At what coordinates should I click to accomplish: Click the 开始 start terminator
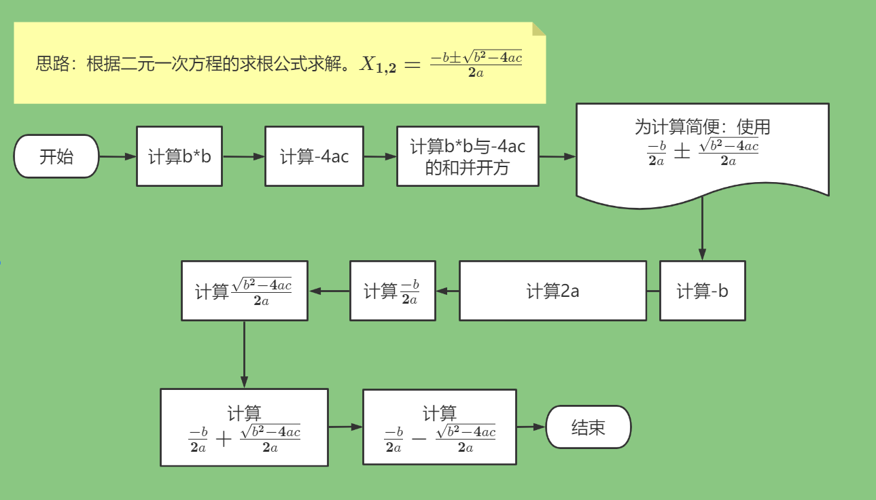(56, 156)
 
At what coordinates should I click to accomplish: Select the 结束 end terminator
(589, 427)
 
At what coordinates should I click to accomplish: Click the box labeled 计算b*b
(179, 156)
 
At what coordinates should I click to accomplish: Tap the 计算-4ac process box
(314, 156)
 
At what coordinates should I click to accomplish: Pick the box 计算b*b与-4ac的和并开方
(468, 156)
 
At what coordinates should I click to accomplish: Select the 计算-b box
(702, 291)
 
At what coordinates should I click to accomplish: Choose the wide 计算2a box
(553, 291)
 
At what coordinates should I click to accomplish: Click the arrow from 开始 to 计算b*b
(118, 156)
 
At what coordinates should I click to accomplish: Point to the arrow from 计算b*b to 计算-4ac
(243, 156)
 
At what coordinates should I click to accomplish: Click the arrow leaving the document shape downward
(702, 231)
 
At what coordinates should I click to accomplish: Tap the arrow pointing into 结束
(531, 427)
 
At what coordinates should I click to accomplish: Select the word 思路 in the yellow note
(53, 65)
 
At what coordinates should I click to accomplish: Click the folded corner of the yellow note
(539, 28)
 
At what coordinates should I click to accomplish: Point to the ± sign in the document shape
(682, 151)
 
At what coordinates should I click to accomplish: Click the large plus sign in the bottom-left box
(224, 438)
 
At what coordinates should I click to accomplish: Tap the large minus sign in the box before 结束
(419, 438)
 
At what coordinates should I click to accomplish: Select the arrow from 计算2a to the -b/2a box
(448, 291)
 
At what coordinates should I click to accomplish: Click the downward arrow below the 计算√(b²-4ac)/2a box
(244, 353)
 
